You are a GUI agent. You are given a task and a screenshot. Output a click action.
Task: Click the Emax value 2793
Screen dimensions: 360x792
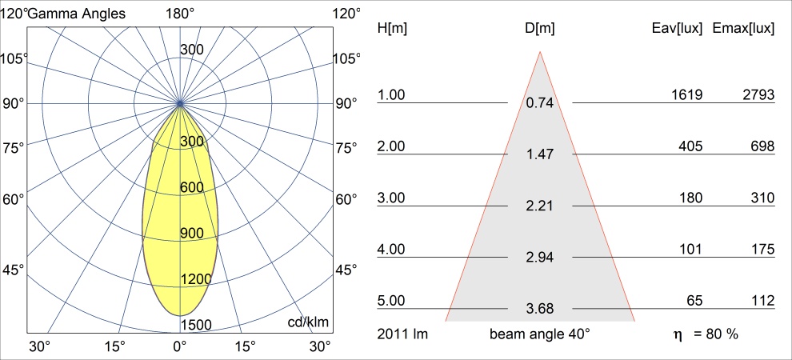pyautogui.click(x=758, y=95)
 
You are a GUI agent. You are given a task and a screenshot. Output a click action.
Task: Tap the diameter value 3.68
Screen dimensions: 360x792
pyautogui.click(x=540, y=309)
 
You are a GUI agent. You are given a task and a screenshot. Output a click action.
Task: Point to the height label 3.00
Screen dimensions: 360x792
pyautogui.click(x=392, y=198)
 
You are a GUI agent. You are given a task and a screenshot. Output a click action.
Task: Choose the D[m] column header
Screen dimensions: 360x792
pyautogui.click(x=540, y=28)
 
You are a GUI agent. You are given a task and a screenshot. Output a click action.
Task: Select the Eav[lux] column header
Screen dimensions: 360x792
pyautogui.click(x=678, y=28)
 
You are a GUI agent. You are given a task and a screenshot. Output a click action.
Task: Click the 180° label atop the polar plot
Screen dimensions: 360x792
pyautogui.click(x=180, y=14)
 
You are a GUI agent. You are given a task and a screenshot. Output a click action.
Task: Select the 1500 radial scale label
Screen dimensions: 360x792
pyautogui.click(x=195, y=325)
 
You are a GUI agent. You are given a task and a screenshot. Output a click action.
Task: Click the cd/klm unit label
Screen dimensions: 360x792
pyautogui.click(x=309, y=322)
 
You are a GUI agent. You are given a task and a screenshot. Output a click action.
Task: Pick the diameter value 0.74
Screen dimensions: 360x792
pyautogui.click(x=540, y=103)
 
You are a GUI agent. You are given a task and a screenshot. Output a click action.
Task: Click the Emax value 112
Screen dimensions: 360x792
pyautogui.click(x=761, y=302)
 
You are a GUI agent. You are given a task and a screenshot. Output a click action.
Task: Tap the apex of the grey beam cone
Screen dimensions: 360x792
pyautogui.click(x=540, y=52)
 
